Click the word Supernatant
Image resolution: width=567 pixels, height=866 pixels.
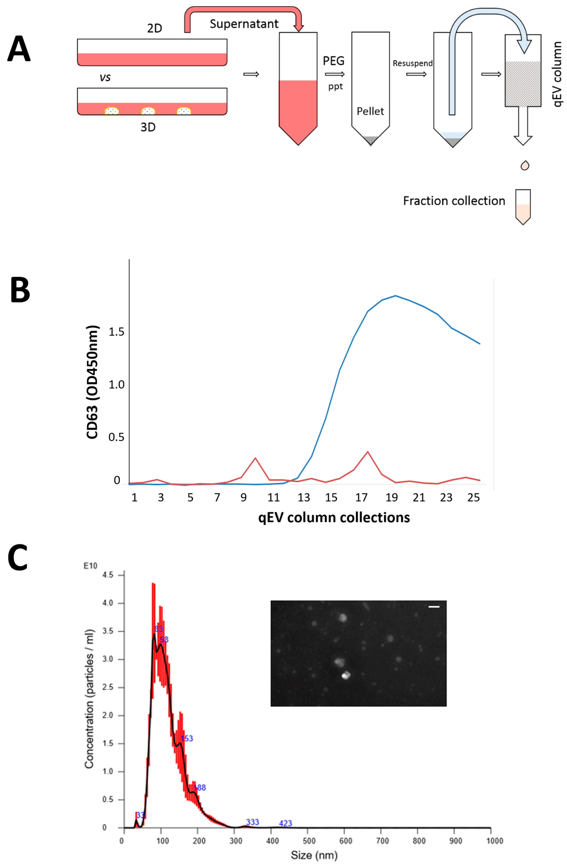coord(244,24)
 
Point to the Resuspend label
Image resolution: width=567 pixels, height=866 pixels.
coord(412,63)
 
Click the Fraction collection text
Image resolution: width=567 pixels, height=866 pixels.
coord(454,201)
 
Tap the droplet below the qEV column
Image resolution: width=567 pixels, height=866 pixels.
coord(524,166)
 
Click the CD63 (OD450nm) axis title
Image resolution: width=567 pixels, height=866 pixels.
coord(93,382)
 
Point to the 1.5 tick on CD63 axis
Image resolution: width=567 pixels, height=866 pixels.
coord(116,332)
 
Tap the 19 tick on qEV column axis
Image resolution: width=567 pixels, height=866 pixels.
coord(391,497)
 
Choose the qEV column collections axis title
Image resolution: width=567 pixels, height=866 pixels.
coord(334,517)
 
